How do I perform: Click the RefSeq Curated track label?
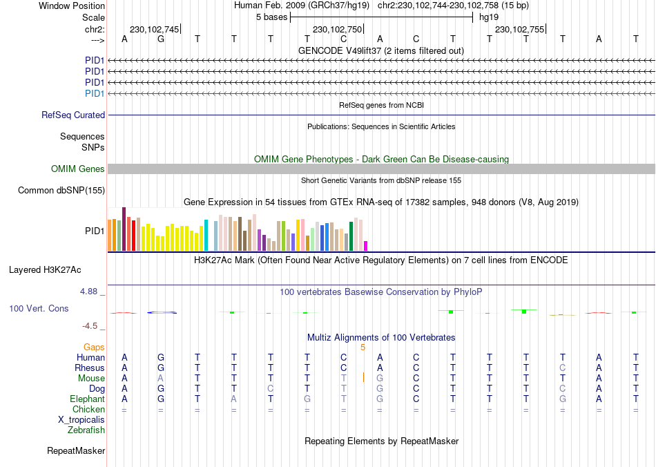click(73, 115)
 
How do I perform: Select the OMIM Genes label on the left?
click(78, 169)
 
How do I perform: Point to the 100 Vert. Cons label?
click(39, 309)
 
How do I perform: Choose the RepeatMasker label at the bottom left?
click(76, 451)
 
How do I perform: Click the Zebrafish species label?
click(86, 430)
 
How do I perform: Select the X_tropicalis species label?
click(81, 420)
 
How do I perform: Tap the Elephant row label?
click(87, 399)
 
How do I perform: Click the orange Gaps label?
click(94, 347)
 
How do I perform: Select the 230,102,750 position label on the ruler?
click(337, 30)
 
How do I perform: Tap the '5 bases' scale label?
click(271, 17)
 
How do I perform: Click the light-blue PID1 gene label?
click(95, 93)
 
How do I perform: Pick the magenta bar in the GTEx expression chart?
click(366, 246)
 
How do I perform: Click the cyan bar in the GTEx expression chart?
click(206, 236)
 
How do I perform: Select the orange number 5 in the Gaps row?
click(363, 347)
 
